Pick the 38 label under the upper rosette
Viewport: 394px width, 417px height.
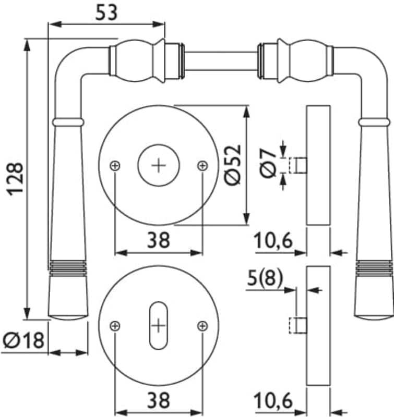point(158,240)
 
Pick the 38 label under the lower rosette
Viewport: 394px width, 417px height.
point(158,400)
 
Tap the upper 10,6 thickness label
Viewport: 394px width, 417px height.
point(273,241)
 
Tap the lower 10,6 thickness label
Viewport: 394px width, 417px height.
point(273,401)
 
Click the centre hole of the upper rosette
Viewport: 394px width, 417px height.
point(159,165)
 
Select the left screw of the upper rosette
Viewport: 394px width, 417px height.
point(115,165)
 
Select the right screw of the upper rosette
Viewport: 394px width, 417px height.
point(202,165)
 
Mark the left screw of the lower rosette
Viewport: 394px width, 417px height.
point(115,326)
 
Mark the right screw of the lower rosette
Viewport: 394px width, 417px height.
point(202,326)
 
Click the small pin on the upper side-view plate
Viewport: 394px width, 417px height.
point(299,165)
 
